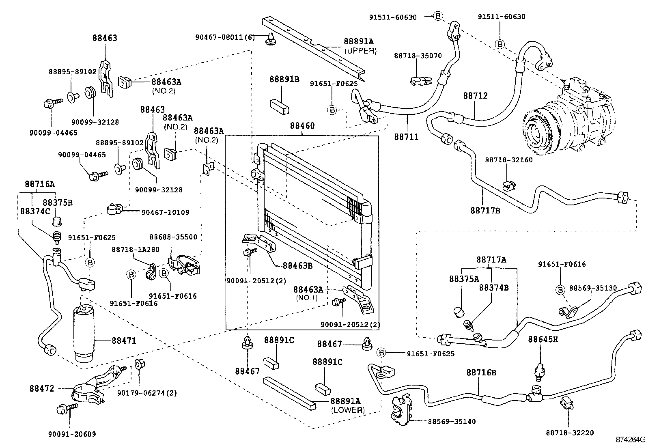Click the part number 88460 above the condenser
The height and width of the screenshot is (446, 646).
[302, 126]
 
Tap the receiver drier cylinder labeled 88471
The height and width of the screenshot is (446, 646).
[84, 333]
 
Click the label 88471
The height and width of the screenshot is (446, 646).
[124, 340]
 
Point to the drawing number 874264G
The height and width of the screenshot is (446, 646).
[629, 440]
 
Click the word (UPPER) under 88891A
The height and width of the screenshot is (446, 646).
[360, 51]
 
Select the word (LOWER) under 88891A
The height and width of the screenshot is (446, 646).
[348, 410]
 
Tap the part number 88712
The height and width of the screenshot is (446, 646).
[476, 96]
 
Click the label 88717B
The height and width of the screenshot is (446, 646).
[485, 210]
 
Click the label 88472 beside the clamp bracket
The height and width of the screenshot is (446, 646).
[41, 388]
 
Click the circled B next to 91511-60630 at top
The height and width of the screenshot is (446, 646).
[438, 16]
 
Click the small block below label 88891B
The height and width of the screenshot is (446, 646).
[279, 106]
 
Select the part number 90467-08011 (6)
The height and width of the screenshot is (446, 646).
[225, 37]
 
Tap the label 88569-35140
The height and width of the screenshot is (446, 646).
[452, 422]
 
